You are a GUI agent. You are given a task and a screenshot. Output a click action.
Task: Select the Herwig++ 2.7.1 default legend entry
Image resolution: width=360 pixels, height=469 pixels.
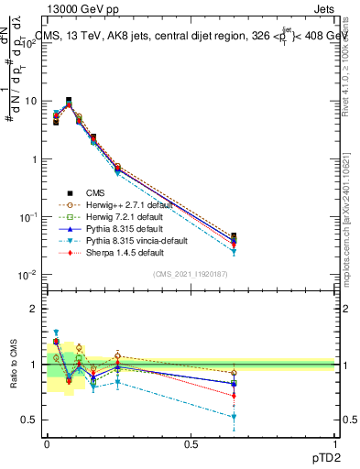click(118, 205)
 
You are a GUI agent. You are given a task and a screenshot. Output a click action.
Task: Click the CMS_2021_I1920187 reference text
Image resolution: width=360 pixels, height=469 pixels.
click(191, 275)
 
